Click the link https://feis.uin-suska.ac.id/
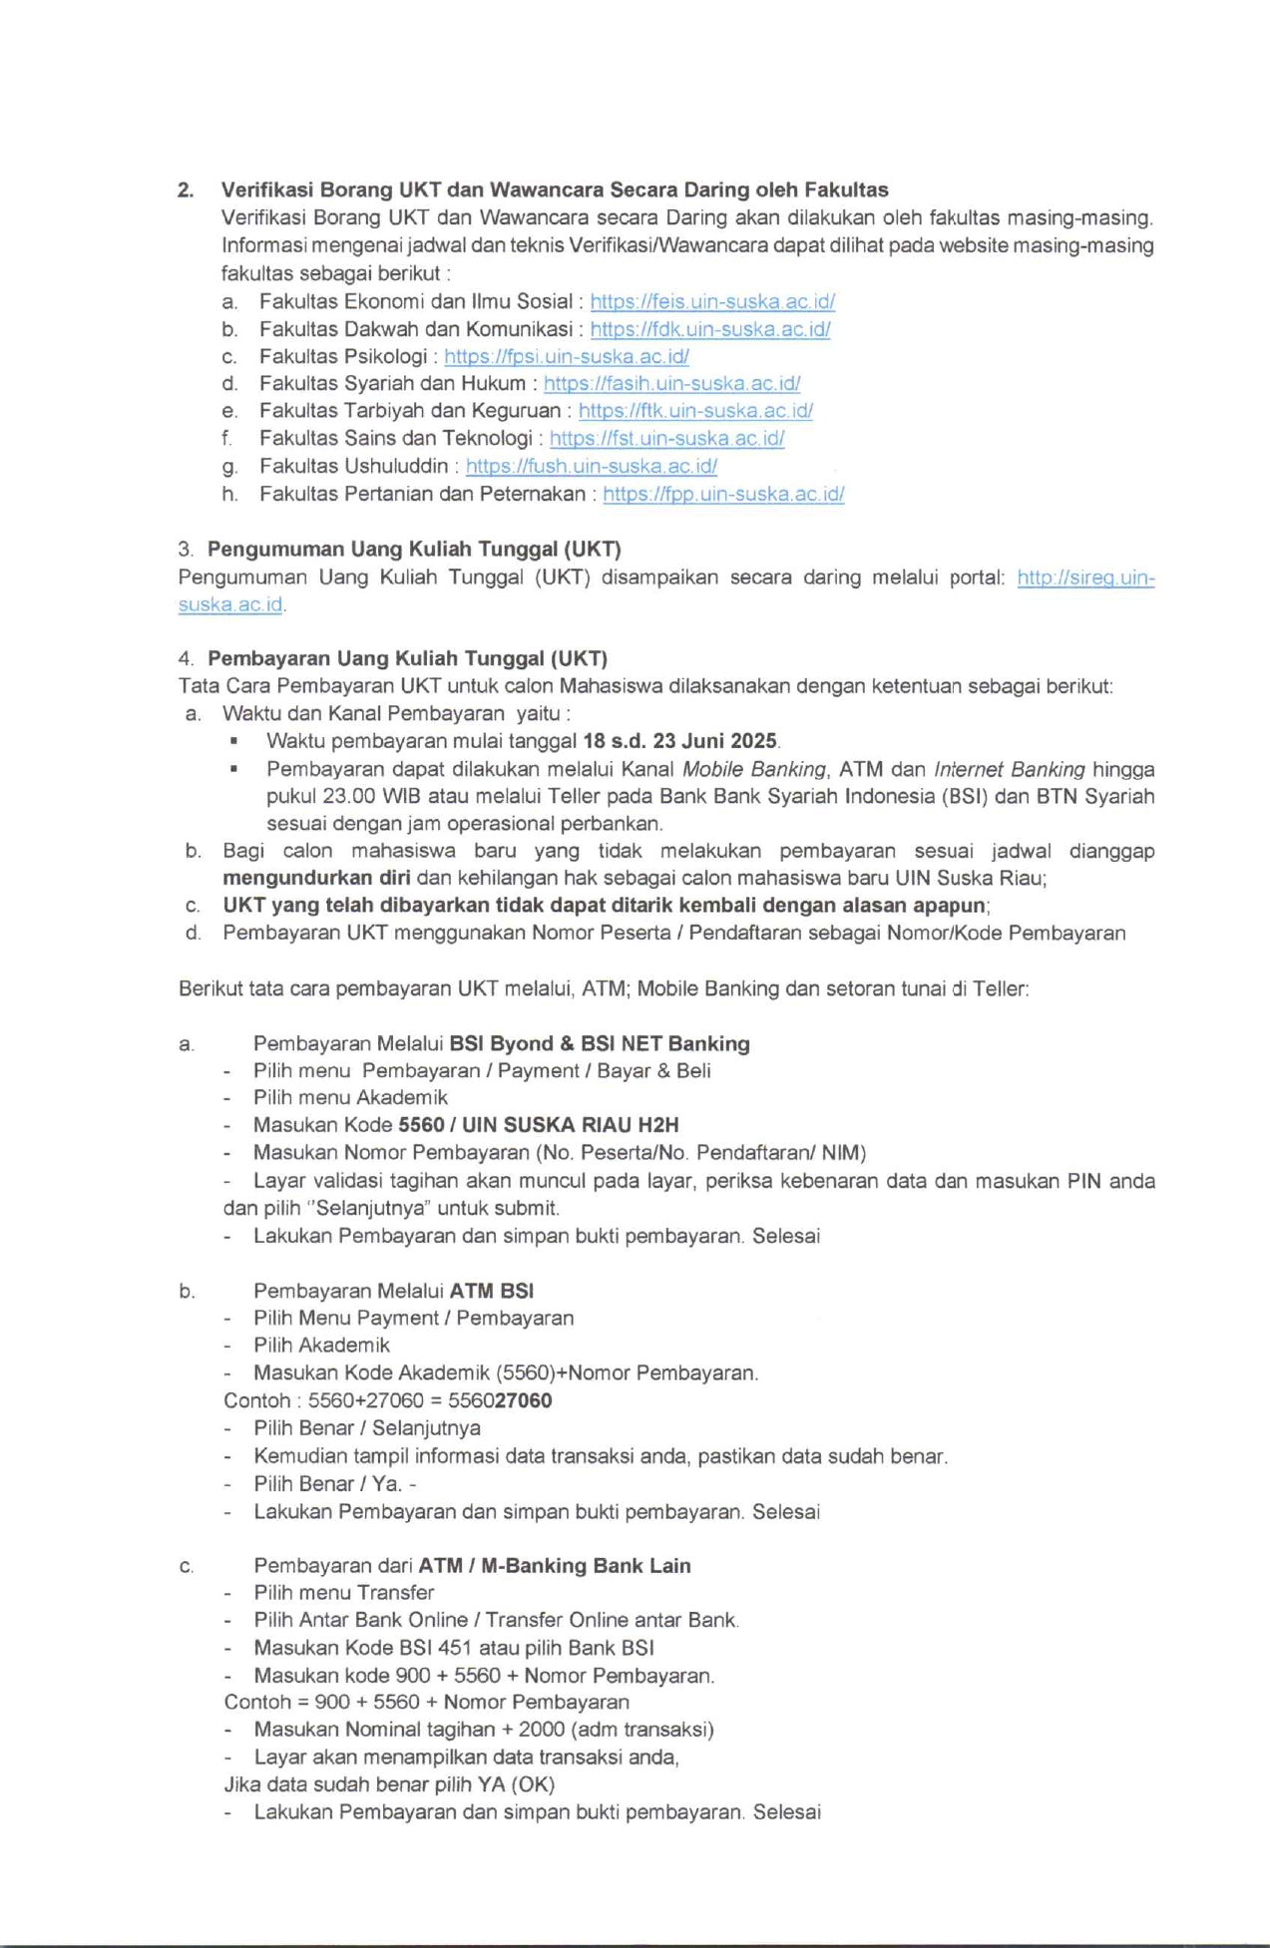(711, 301)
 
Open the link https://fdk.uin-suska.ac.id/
(709, 329)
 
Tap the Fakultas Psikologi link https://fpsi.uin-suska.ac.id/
(566, 356)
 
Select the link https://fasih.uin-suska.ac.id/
(671, 383)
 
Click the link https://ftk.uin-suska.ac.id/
(694, 410)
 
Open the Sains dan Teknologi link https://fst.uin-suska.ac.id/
(666, 438)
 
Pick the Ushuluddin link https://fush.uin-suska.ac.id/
(591, 466)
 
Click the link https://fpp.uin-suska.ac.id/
(723, 494)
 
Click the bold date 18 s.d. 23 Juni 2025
(679, 741)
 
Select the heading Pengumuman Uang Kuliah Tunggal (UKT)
(414, 549)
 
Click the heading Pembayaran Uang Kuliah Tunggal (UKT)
(407, 658)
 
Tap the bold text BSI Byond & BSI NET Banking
(600, 1043)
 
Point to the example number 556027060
(500, 1400)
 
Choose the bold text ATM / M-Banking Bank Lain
(555, 1565)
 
